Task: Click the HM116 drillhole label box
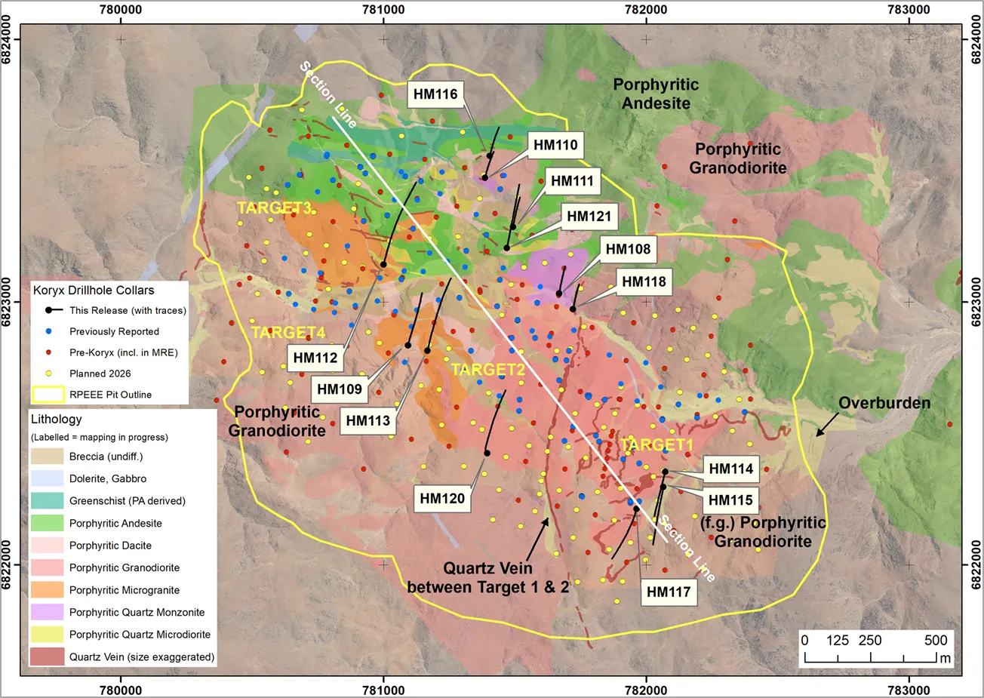click(x=435, y=94)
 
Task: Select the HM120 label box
click(x=442, y=498)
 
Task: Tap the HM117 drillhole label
click(x=669, y=592)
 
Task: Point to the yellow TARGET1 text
click(x=655, y=445)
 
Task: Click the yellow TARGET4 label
click(x=288, y=332)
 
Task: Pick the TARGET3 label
click(x=274, y=208)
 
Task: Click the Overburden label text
click(x=884, y=403)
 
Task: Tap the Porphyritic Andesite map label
click(x=656, y=94)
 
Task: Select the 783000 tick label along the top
click(x=909, y=11)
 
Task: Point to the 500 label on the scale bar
click(x=935, y=641)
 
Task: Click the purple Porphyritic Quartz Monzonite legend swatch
click(x=47, y=612)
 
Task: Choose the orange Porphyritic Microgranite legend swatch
click(x=47, y=590)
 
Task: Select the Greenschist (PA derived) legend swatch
click(x=47, y=501)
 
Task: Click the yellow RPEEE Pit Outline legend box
click(x=48, y=395)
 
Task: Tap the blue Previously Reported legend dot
click(x=49, y=331)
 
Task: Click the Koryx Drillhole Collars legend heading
click(x=94, y=291)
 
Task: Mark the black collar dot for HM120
click(x=487, y=454)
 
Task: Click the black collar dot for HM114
click(x=665, y=472)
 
